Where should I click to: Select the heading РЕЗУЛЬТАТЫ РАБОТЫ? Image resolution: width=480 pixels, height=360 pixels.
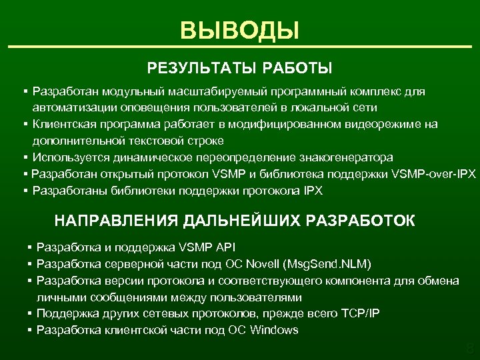239,68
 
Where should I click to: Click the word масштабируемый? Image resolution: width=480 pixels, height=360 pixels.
203,91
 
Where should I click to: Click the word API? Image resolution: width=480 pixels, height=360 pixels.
222,247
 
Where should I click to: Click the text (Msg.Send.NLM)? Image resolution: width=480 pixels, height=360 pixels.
325,264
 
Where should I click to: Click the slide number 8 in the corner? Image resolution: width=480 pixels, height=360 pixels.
469,349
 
